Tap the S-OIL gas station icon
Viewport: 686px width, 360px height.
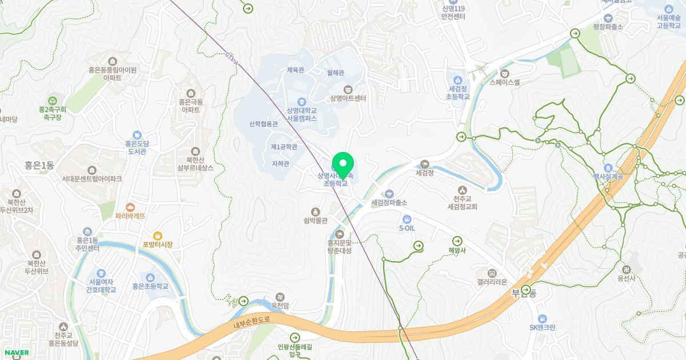(x=406, y=219)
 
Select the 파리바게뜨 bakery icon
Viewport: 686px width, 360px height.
(x=131, y=207)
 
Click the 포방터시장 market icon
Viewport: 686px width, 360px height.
(x=158, y=235)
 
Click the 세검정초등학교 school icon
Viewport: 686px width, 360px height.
(x=458, y=80)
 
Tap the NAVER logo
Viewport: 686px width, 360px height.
(x=16, y=353)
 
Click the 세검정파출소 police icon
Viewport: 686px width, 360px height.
(x=389, y=194)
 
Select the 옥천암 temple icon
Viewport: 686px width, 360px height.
(x=280, y=297)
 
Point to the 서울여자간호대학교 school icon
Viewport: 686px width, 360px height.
(x=101, y=273)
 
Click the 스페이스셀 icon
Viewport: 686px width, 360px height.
(x=505, y=73)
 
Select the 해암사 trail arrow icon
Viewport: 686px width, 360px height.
(x=457, y=241)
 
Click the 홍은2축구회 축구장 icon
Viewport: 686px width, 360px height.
(x=53, y=100)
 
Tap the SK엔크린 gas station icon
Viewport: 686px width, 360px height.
(x=542, y=318)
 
